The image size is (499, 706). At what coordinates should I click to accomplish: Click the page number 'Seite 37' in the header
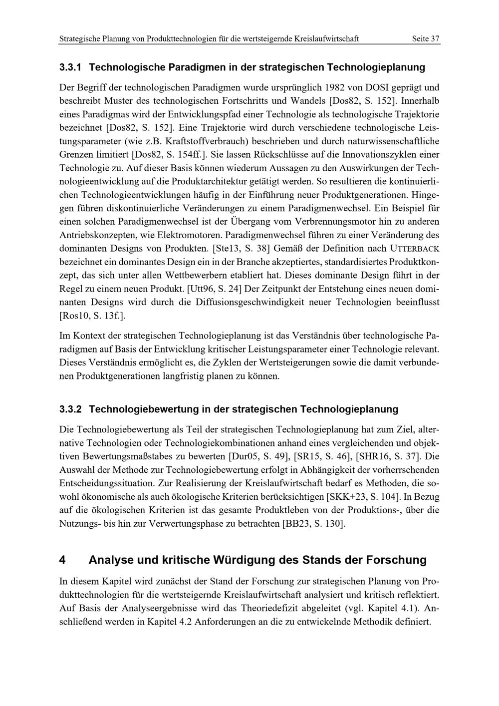[426, 38]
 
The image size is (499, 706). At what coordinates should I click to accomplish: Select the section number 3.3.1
[73, 66]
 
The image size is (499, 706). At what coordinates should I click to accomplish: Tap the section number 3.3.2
[73, 409]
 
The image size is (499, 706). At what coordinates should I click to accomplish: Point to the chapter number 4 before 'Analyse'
[62, 560]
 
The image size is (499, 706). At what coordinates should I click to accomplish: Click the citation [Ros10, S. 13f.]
[92, 316]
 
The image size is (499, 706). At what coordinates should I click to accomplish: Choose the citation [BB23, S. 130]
[313, 524]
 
